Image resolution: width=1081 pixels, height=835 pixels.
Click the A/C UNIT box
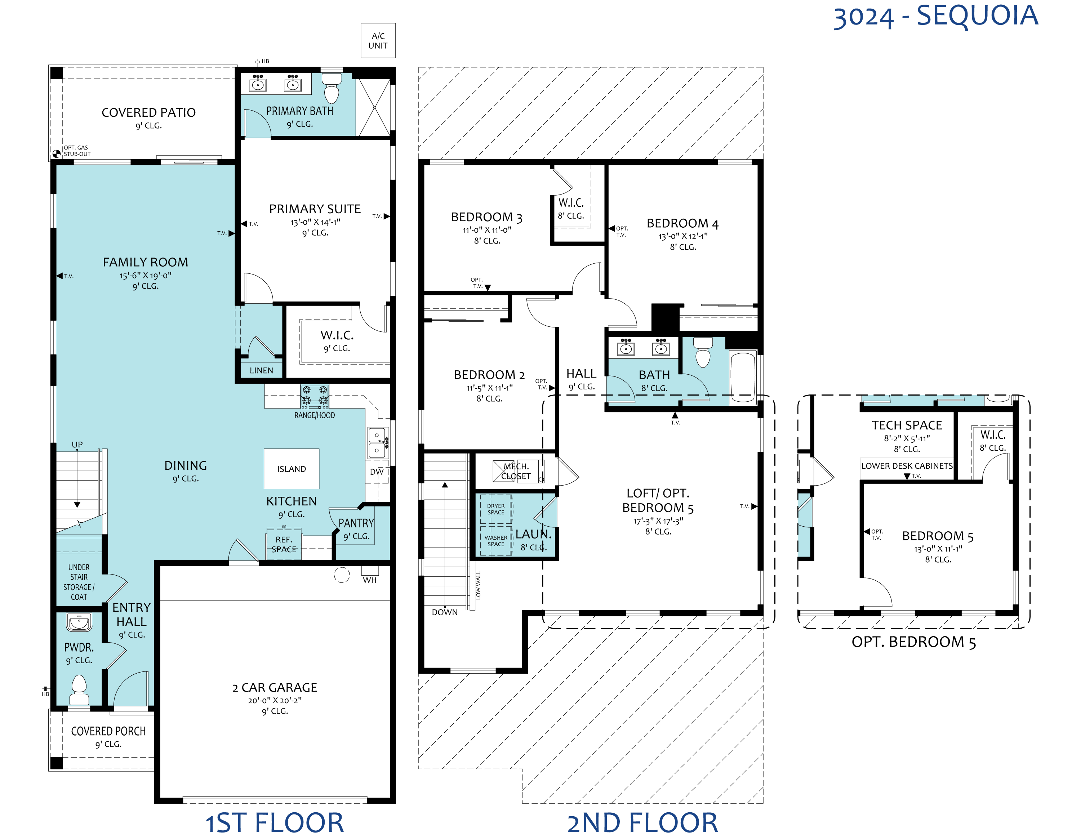click(x=378, y=41)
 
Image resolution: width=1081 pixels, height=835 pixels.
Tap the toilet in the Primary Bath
click(x=332, y=88)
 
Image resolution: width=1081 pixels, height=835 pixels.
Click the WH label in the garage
click(x=370, y=580)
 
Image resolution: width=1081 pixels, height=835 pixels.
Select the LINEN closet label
click(x=261, y=371)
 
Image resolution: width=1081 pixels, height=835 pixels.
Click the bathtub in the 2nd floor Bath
click(x=743, y=376)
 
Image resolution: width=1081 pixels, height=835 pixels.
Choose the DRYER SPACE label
click(x=496, y=509)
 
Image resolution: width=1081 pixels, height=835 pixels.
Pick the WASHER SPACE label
click(x=495, y=541)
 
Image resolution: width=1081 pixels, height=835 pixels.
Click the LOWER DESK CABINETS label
click(x=907, y=466)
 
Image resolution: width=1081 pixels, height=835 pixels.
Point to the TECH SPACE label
click(x=907, y=425)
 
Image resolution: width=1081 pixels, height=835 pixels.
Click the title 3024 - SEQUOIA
click(x=935, y=16)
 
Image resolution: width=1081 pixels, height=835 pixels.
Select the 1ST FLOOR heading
click(x=274, y=823)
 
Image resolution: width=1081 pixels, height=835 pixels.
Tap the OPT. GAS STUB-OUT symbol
click(x=57, y=153)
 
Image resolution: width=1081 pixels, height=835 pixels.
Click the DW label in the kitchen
click(x=377, y=472)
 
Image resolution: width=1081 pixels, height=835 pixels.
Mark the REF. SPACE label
click(x=284, y=545)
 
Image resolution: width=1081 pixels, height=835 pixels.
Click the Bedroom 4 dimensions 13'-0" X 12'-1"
click(x=683, y=236)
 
